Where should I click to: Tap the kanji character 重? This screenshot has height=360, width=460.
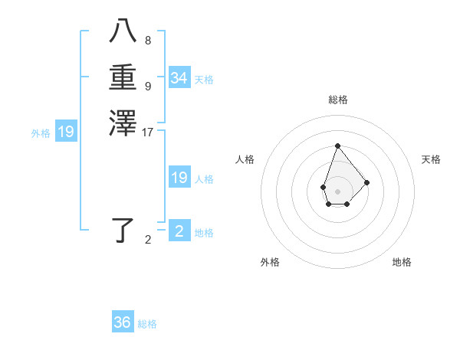tap(123, 78)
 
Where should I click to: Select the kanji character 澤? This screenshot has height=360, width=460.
tap(123, 123)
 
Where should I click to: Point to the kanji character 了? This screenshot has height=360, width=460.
tap(123, 230)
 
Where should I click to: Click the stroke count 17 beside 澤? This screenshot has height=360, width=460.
tap(148, 133)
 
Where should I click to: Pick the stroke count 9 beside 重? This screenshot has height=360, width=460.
tap(148, 86)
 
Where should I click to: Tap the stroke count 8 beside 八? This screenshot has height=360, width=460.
tap(148, 41)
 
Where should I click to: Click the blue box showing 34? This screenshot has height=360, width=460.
tap(179, 78)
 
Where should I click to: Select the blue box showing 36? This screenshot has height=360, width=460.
tap(123, 322)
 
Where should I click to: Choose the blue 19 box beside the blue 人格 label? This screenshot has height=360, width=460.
tap(179, 178)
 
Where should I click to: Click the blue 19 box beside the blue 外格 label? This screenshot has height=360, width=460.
tap(67, 132)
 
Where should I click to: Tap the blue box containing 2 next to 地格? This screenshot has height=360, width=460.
tap(179, 231)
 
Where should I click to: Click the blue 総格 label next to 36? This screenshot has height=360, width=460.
tap(147, 324)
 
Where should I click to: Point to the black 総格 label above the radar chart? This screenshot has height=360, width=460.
tap(337, 100)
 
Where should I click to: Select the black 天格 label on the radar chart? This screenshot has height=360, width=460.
tap(431, 159)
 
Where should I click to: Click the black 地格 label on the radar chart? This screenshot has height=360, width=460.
tap(402, 262)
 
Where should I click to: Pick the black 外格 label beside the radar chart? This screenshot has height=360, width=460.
tap(270, 262)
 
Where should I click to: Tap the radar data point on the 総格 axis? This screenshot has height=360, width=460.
tap(337, 146)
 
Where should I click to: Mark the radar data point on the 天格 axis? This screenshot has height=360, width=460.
tap(367, 182)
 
